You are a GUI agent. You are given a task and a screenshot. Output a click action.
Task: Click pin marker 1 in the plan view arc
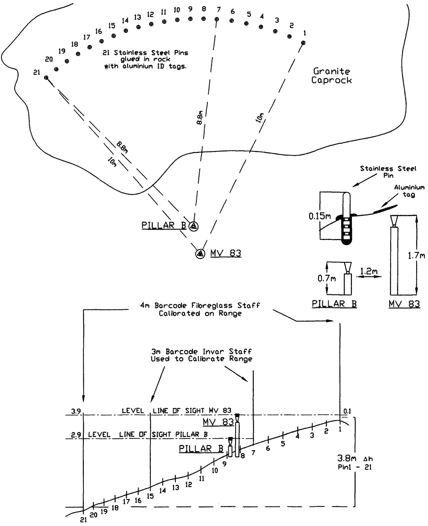click(x=303, y=43)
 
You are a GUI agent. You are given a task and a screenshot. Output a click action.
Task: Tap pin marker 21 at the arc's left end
click(x=46, y=78)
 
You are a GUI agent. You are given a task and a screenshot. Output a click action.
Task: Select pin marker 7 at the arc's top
click(x=217, y=19)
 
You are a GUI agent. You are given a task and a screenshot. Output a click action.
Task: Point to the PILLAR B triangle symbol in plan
click(x=193, y=226)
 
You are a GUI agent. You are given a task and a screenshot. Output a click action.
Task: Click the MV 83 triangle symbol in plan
click(x=200, y=253)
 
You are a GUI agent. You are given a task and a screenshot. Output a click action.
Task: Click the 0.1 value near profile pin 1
click(x=348, y=411)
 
